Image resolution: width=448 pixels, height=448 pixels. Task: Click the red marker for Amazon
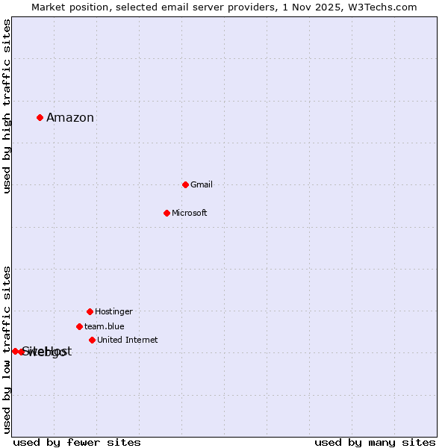pyautogui.click(x=40, y=117)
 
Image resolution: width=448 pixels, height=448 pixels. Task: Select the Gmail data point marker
pyautogui.click(x=185, y=184)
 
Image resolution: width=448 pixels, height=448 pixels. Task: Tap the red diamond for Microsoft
pyautogui.click(x=167, y=213)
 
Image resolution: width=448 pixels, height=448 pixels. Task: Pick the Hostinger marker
pyautogui.click(x=90, y=311)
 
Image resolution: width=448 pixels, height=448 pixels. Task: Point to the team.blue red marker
pyautogui.click(x=79, y=326)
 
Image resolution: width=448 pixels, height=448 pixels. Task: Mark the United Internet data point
pyautogui.click(x=92, y=340)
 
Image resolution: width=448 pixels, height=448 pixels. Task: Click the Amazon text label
pyautogui.click(x=70, y=117)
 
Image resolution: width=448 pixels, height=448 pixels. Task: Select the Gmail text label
pyautogui.click(x=202, y=184)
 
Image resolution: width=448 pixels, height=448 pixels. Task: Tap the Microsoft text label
pyautogui.click(x=189, y=213)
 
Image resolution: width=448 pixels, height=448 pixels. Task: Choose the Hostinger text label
pyautogui.click(x=113, y=311)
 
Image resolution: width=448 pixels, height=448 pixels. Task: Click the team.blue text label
pyautogui.click(x=104, y=326)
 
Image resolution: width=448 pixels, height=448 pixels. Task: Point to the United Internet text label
pyautogui.click(x=127, y=340)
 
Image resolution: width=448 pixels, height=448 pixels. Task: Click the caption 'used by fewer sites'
pyautogui.click(x=77, y=442)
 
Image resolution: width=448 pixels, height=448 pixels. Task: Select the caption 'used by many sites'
pyautogui.click(x=375, y=442)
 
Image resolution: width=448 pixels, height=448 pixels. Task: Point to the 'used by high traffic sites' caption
pyautogui.click(x=7, y=106)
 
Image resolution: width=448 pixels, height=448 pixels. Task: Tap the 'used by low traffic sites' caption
pyautogui.click(x=7, y=349)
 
